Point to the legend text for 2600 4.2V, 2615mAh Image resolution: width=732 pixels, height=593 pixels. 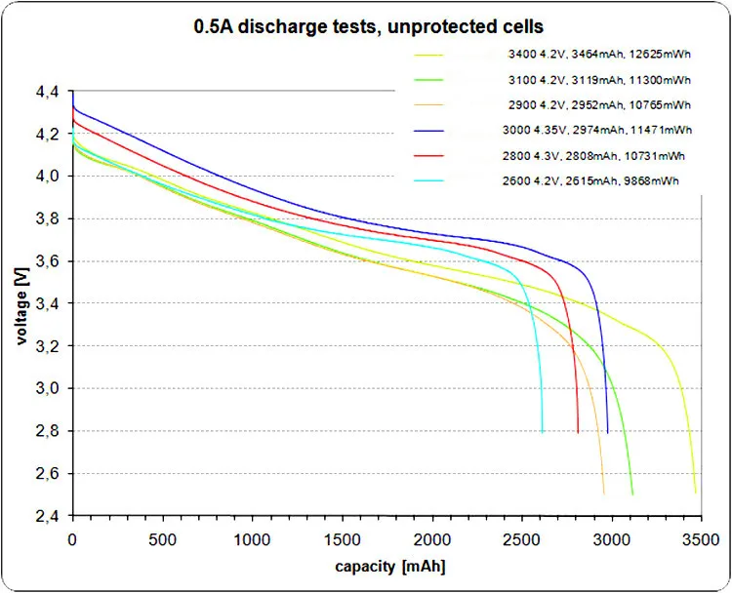point(598,180)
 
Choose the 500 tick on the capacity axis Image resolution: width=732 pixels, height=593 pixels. point(162,538)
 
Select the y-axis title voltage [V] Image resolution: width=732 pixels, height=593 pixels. point(20,303)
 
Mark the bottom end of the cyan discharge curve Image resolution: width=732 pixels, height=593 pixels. point(543,430)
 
